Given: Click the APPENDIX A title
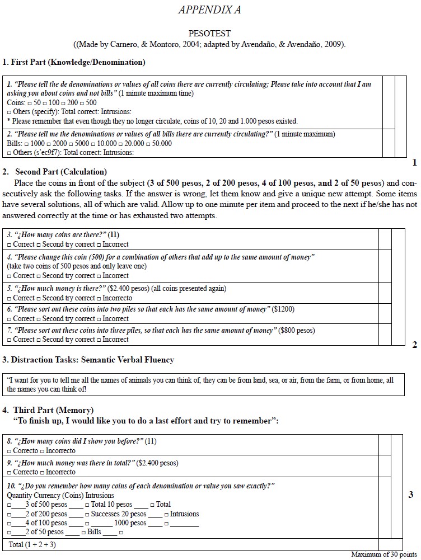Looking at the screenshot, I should point(210,10).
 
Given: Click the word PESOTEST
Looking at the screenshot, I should point(209,34).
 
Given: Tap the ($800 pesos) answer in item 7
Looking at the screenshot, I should point(297,331).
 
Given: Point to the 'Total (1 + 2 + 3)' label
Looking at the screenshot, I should point(32,544).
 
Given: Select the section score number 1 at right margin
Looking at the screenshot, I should point(414,163).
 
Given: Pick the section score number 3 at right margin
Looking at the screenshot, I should point(411,495).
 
